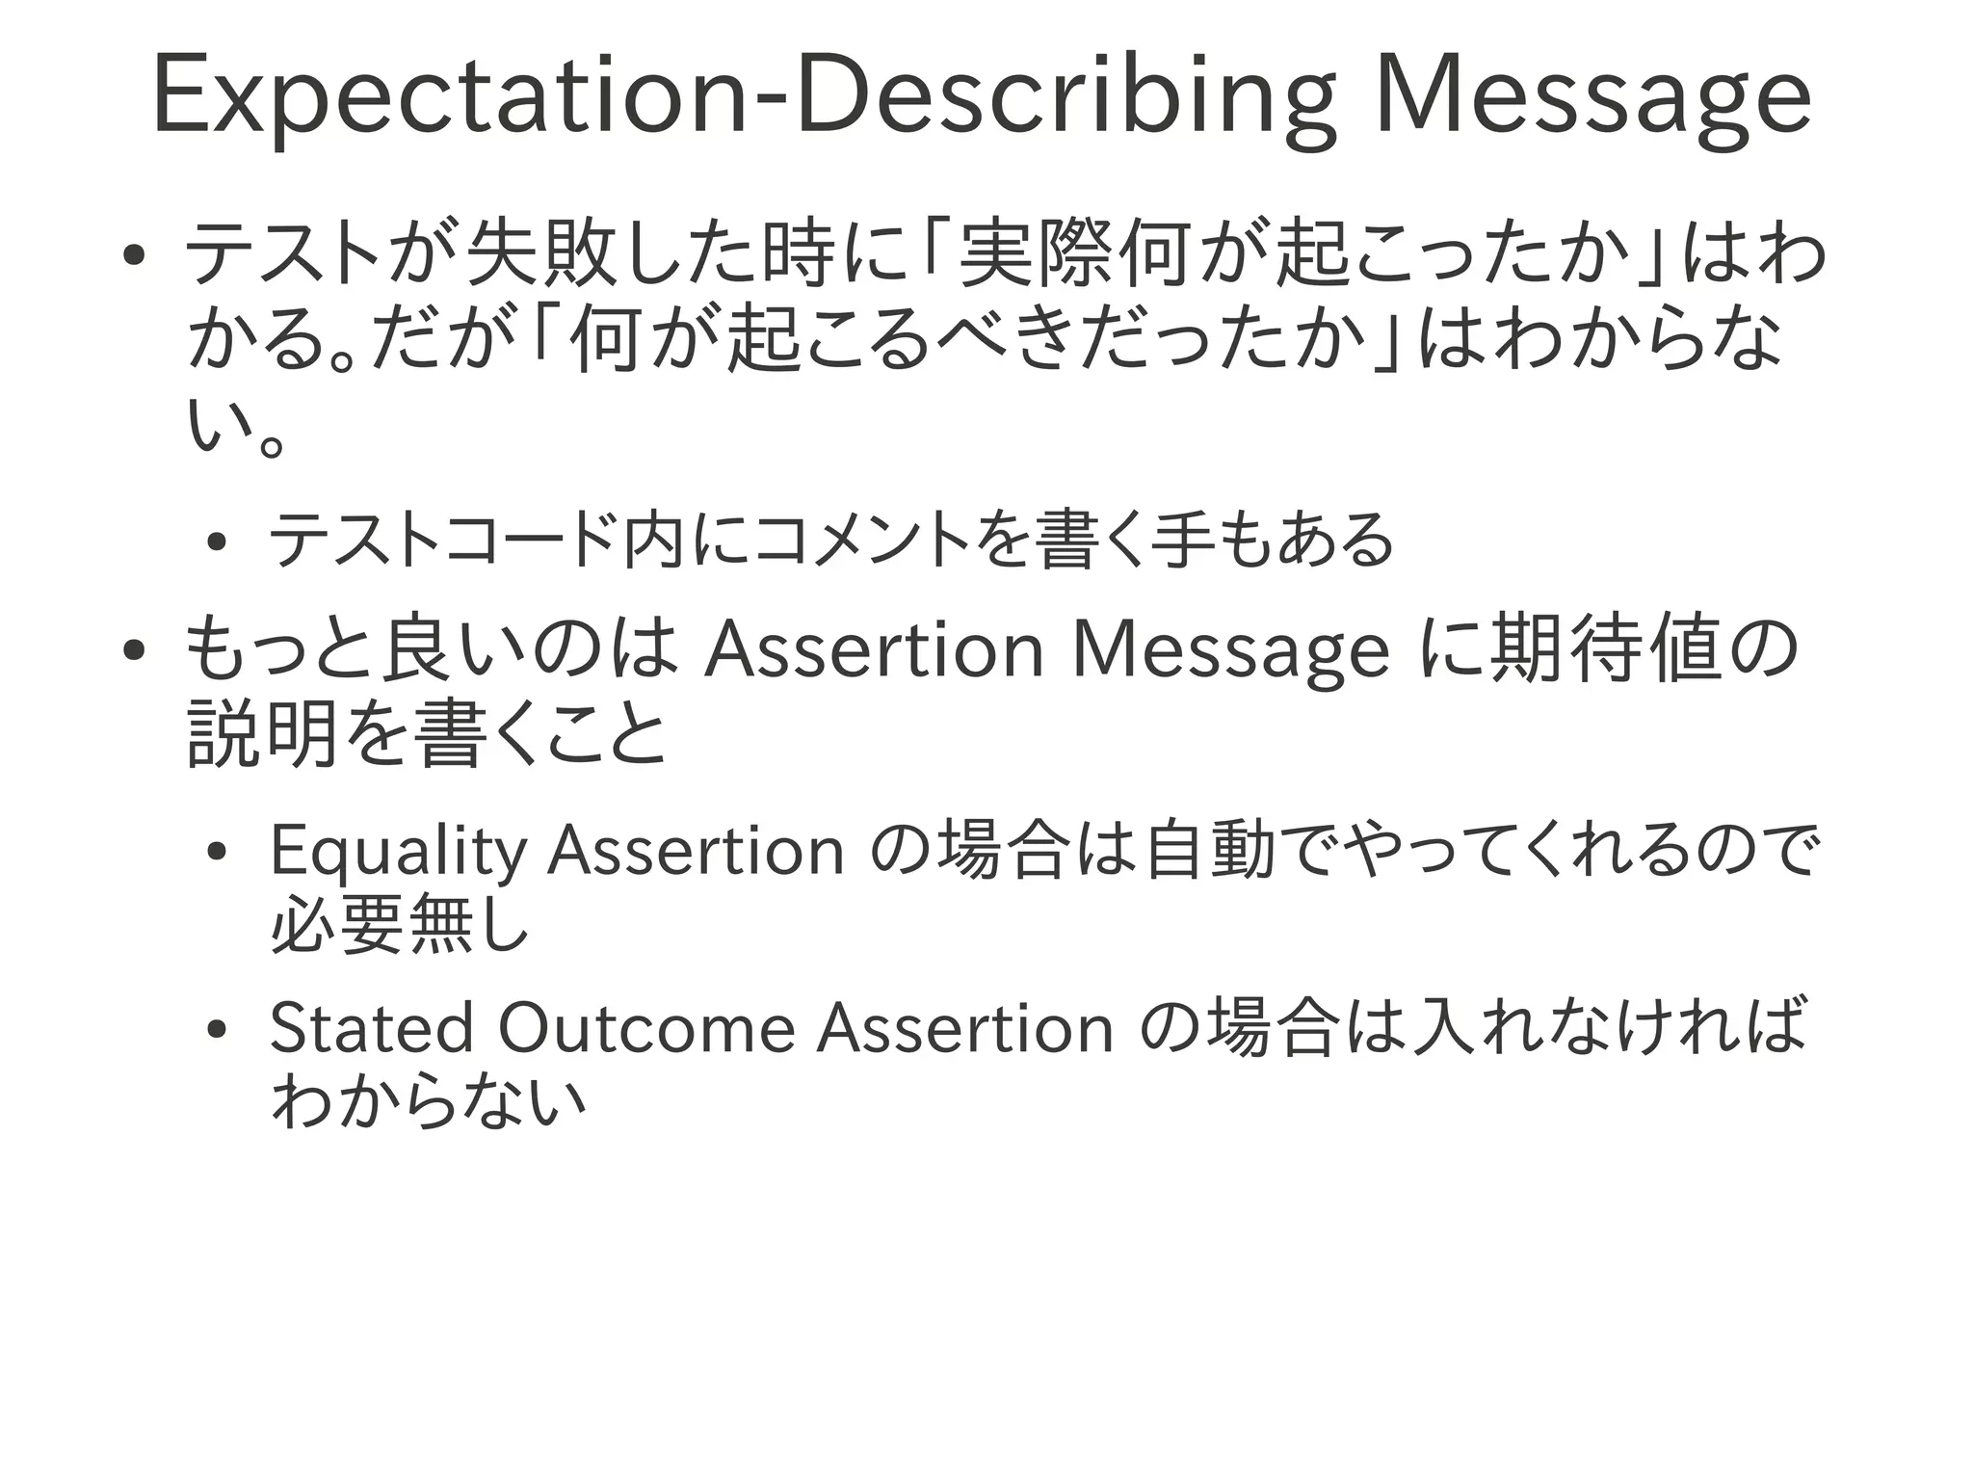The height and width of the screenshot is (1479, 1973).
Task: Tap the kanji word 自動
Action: (x=1210, y=850)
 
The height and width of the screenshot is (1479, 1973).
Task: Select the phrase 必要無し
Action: (x=401, y=924)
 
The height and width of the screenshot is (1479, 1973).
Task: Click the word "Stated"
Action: (x=372, y=1028)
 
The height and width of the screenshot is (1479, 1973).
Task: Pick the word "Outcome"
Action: (x=646, y=1028)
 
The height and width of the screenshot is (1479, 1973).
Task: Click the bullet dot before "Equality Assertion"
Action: (x=217, y=851)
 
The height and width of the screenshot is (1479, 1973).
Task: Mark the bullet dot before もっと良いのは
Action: (x=134, y=649)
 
